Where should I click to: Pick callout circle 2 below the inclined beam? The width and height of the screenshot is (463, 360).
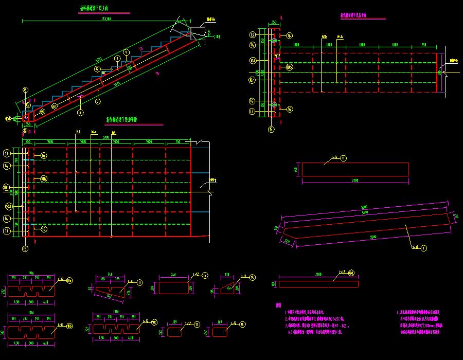coord(98,102)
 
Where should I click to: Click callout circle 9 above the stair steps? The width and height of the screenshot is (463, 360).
coord(126,52)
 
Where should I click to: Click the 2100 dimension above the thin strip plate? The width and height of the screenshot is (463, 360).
coord(318,275)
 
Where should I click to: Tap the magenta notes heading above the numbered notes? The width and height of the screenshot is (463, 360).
coord(278,305)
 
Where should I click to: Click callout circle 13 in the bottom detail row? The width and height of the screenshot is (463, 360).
coord(198,325)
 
